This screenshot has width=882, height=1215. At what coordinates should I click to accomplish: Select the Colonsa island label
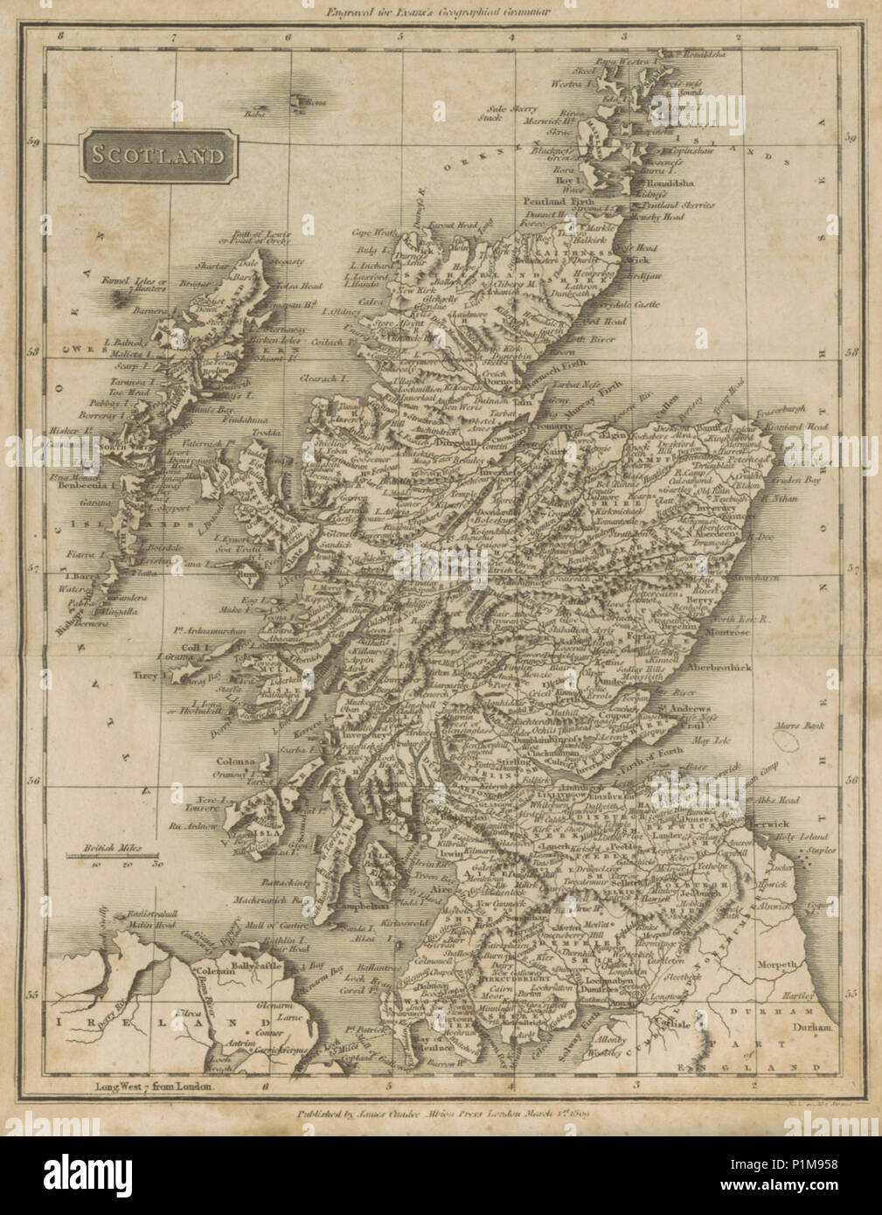pyautogui.click(x=236, y=761)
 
